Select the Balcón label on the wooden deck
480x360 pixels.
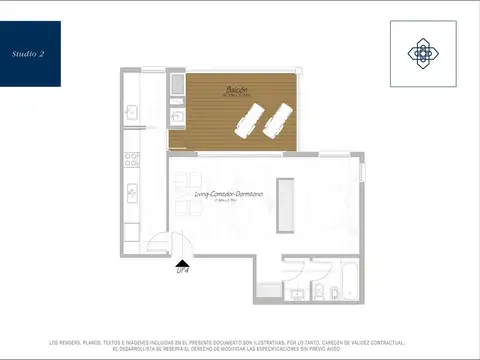(x=236, y=90)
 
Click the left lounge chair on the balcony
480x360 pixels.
(x=248, y=119)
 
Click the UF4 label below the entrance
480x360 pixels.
(x=182, y=270)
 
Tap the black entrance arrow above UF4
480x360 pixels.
(x=182, y=260)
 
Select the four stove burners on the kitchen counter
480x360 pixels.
(x=130, y=158)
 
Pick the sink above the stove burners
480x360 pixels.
(x=130, y=113)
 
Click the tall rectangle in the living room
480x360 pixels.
(x=286, y=206)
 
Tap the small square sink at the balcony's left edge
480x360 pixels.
(x=178, y=117)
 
